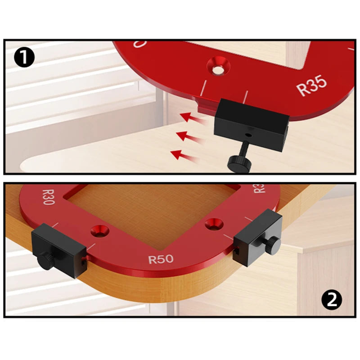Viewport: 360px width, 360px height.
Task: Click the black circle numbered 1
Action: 24,57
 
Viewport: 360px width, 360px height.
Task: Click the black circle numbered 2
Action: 331,300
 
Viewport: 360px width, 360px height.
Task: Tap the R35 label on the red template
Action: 312,85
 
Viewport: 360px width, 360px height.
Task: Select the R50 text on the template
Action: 161,260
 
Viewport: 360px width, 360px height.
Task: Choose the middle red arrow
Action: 189,136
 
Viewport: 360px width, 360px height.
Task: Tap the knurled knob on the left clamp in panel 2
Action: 44,261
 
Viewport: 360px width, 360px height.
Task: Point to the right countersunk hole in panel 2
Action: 212,224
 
